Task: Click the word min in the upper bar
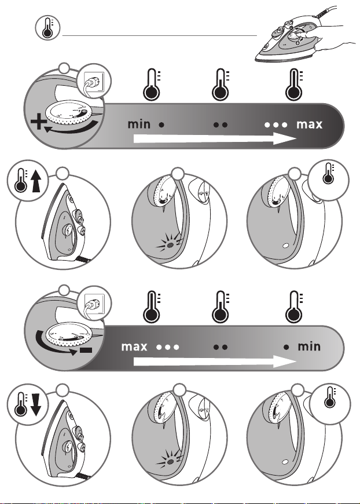[139, 124]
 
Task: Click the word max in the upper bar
[309, 125]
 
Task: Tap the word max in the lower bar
[134, 346]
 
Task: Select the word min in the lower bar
[309, 346]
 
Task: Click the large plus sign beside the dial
[38, 122]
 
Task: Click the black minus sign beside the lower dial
[86, 350]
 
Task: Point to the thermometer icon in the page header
[47, 28]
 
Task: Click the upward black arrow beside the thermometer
[37, 181]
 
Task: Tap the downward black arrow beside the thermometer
[36, 404]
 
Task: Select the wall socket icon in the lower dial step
[95, 303]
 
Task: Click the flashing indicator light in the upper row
[170, 245]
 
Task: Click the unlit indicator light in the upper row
[285, 246]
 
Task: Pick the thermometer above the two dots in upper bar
[221, 84]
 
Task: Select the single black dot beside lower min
[286, 347]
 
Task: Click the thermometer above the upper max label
[294, 84]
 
